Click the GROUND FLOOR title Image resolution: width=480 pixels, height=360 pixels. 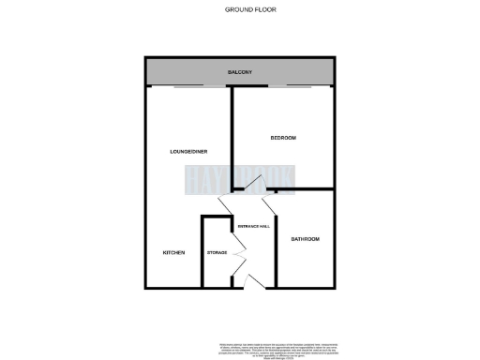tap(249, 9)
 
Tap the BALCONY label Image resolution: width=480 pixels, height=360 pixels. tap(241, 72)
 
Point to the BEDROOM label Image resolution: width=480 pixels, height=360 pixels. tap(283, 138)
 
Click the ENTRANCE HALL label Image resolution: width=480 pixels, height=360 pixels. tap(253, 226)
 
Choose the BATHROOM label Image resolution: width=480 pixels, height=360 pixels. tap(305, 239)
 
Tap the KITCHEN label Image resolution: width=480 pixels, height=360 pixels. tap(173, 253)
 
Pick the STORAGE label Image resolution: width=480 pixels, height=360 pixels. tap(217, 253)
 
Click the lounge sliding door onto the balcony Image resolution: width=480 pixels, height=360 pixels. tap(199, 87)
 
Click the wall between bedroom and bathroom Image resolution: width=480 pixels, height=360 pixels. tap(300, 190)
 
